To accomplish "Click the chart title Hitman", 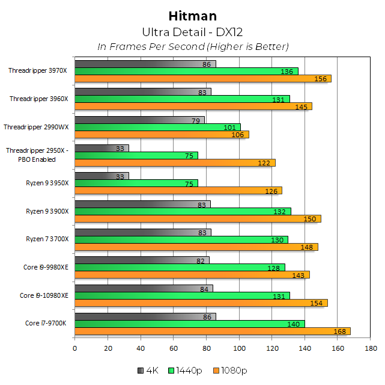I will [x=193, y=16].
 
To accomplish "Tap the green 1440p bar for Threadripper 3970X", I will [x=186, y=72].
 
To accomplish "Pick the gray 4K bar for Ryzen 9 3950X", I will [x=102, y=176].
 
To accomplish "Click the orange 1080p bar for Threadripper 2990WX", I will [x=162, y=135].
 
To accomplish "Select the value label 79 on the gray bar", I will [x=196, y=120].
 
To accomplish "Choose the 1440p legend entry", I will [x=186, y=369].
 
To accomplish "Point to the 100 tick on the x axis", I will [x=239, y=348].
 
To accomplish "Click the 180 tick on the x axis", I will [x=371, y=348].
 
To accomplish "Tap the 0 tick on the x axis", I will [x=74, y=348].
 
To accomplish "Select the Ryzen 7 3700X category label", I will [x=47, y=239].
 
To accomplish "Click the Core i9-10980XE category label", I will [x=44, y=295].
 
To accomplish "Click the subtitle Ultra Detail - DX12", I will [x=193, y=32].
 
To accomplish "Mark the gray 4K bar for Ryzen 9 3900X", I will [x=142, y=205].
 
